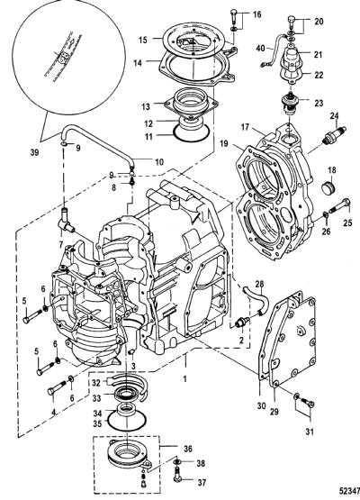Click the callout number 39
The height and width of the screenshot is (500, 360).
34,152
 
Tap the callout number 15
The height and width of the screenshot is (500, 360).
143,40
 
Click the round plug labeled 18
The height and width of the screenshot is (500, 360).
328,186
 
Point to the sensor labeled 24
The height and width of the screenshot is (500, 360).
334,134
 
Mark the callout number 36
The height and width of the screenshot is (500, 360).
188,449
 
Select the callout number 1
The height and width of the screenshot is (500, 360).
184,378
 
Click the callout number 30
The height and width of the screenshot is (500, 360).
261,405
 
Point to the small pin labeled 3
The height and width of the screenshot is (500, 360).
133,351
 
